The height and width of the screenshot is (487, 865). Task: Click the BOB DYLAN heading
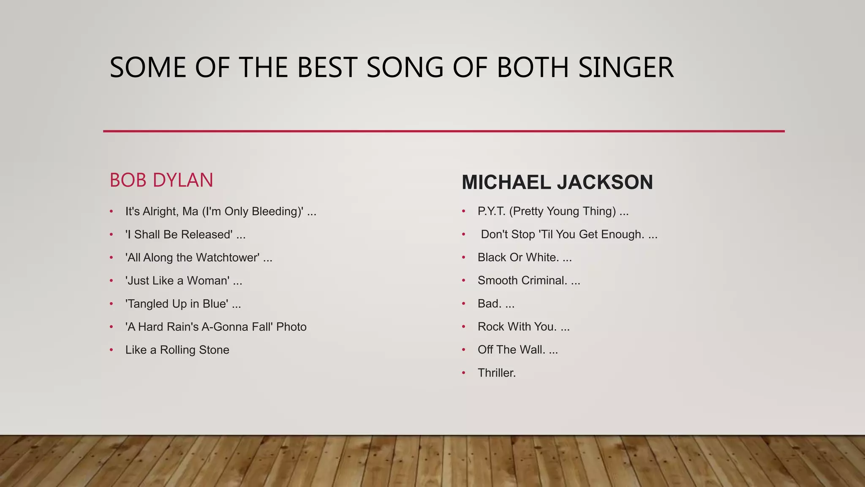pyautogui.click(x=161, y=181)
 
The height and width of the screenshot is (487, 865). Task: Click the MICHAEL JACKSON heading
pyautogui.click(x=557, y=183)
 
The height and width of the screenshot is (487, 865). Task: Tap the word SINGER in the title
pyautogui.click(x=626, y=68)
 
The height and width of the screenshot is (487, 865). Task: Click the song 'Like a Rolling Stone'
pyautogui.click(x=177, y=350)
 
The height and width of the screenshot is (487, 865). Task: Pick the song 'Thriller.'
pyautogui.click(x=497, y=373)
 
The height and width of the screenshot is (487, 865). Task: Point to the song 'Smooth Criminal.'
pyautogui.click(x=522, y=281)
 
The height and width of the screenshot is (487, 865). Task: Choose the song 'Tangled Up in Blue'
pyautogui.click(x=177, y=304)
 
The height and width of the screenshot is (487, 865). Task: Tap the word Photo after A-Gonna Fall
pyautogui.click(x=291, y=327)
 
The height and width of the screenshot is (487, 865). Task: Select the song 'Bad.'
pyautogui.click(x=490, y=304)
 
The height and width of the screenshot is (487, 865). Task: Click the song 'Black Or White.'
pyautogui.click(x=518, y=257)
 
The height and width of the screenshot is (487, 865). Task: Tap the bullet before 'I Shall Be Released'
pyautogui.click(x=112, y=235)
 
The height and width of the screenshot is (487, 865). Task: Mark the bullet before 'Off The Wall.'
pyautogui.click(x=464, y=350)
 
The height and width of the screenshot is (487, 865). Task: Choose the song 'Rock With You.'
pyautogui.click(x=517, y=327)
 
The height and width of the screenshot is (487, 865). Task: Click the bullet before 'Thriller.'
pyautogui.click(x=464, y=373)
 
